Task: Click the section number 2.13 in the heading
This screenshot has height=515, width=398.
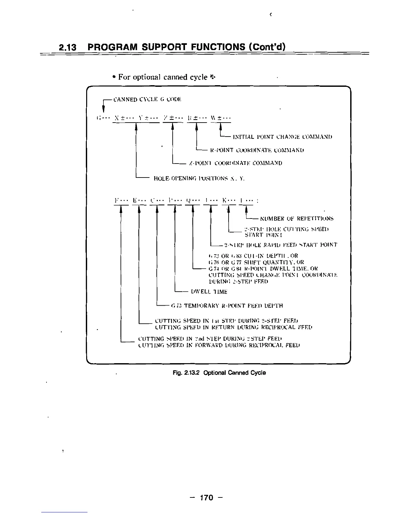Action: tap(68, 47)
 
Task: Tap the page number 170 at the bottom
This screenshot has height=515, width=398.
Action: tap(206, 497)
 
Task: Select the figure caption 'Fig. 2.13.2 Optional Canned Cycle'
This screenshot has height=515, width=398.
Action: tap(219, 373)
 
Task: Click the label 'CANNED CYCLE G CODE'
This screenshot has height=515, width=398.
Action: tap(147, 99)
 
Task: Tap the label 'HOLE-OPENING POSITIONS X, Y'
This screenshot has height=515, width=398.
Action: tap(199, 178)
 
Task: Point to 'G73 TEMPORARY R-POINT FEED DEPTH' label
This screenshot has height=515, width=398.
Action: tap(227, 306)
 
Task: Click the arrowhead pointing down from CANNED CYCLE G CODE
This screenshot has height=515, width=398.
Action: tap(103, 108)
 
